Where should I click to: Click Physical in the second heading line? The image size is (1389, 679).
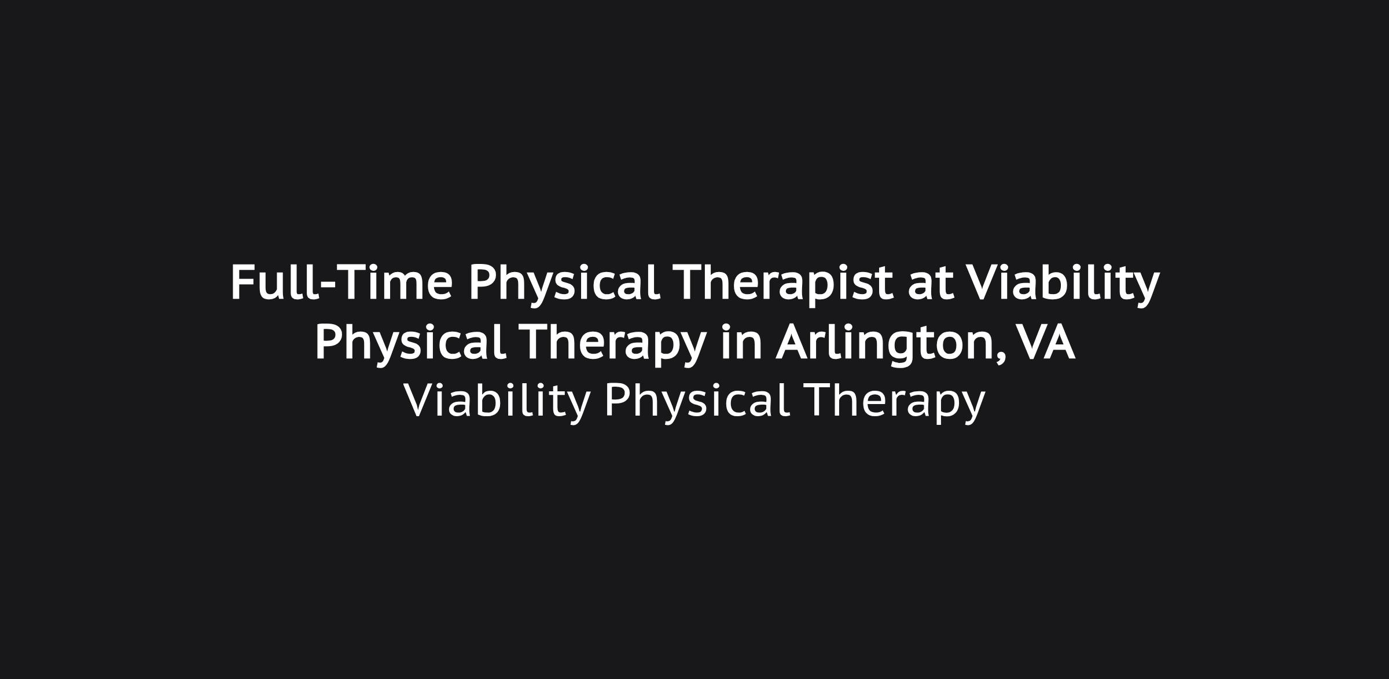coord(410,343)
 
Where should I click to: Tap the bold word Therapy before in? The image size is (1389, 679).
coord(613,343)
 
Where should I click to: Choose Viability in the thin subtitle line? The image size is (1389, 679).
coord(497,401)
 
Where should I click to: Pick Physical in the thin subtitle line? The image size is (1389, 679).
coord(697,401)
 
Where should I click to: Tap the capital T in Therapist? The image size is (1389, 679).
coord(691,282)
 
